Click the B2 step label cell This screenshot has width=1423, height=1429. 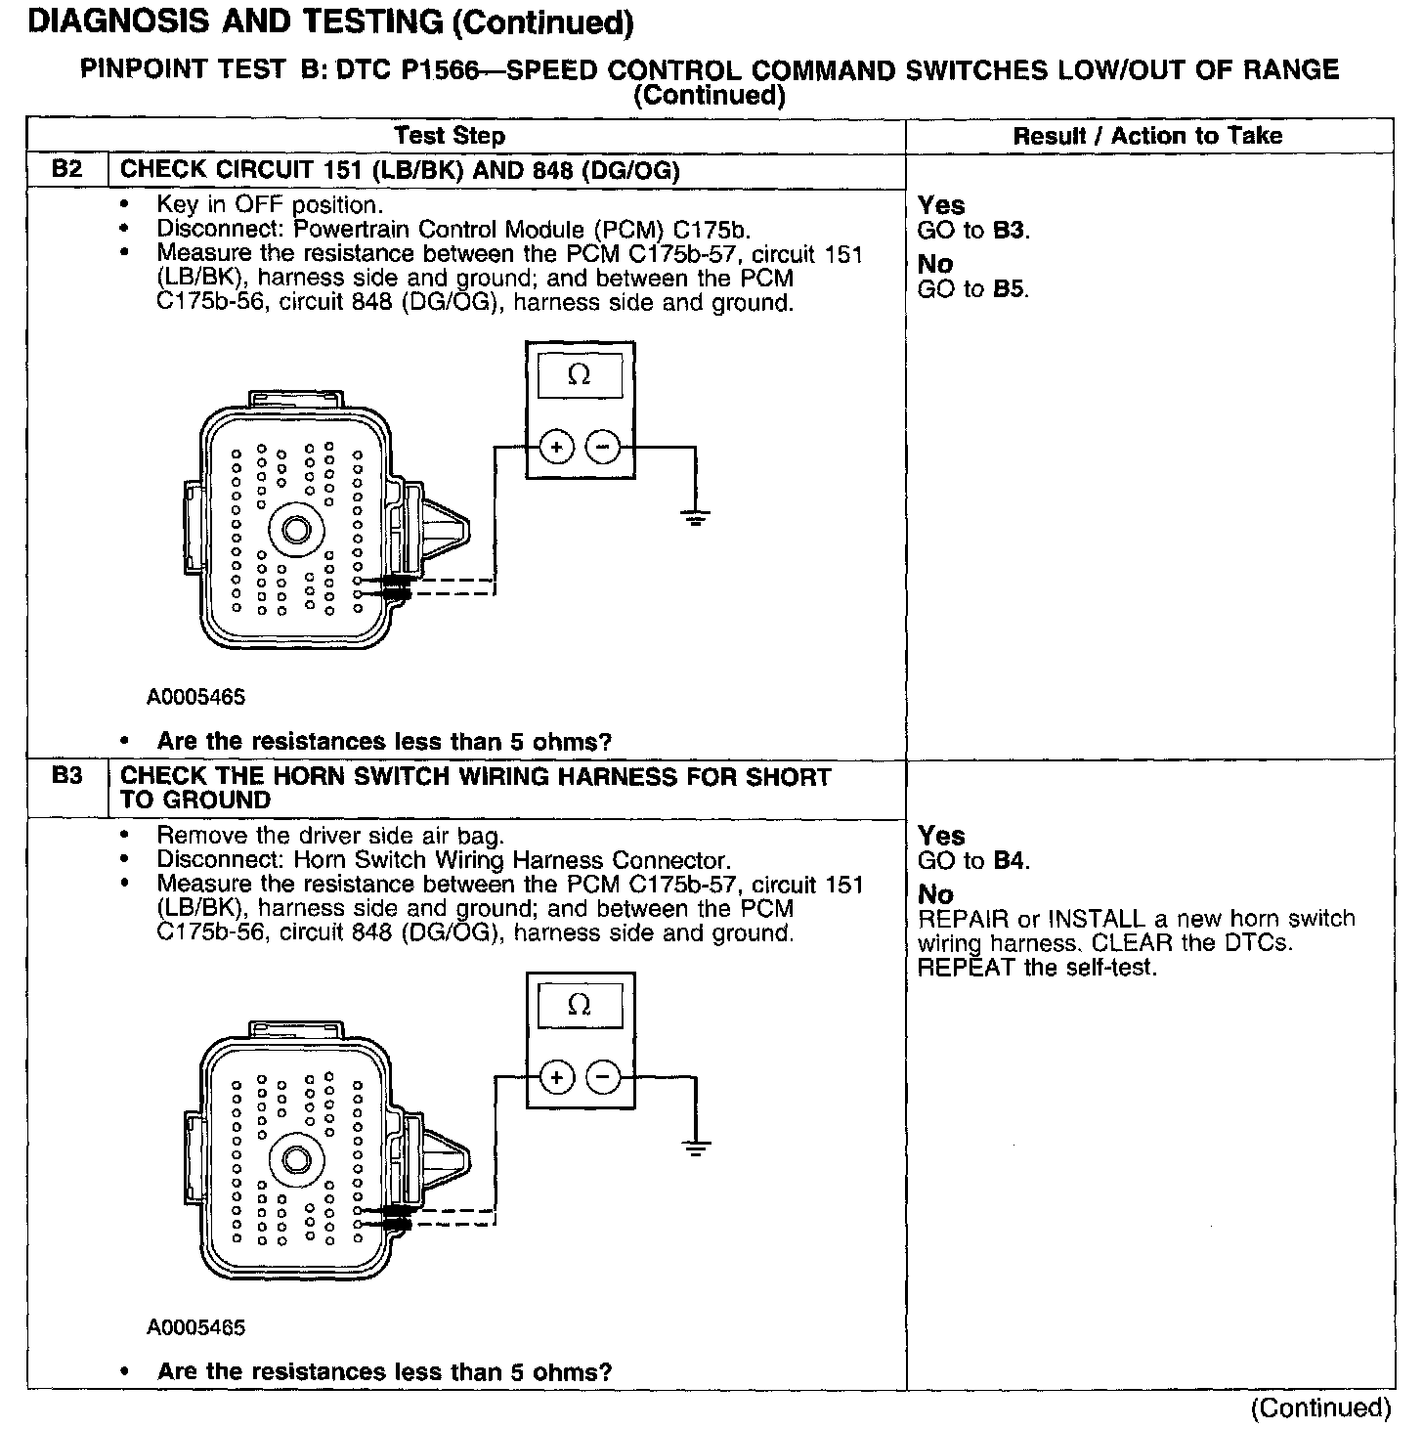(x=66, y=169)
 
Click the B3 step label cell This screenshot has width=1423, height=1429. (x=66, y=777)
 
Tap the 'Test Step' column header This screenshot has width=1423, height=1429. (x=450, y=136)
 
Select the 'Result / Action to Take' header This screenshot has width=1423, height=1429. (x=1147, y=136)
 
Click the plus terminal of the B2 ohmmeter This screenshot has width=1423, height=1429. (x=557, y=448)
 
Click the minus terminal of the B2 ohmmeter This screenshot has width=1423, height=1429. (x=603, y=448)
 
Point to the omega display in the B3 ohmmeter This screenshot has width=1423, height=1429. (x=580, y=1005)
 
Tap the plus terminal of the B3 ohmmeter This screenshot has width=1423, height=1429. (x=557, y=1078)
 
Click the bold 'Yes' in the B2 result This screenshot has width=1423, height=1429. (x=941, y=205)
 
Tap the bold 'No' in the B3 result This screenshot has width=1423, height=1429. (x=935, y=893)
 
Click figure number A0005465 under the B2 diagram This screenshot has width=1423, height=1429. (x=196, y=698)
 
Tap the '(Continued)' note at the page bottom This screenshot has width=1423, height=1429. (x=1320, y=1407)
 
